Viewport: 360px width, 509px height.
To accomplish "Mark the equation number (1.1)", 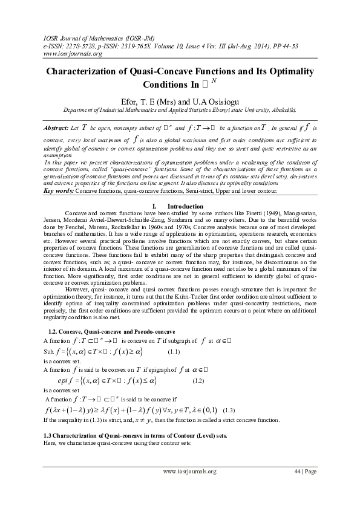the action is pyautogui.click(x=174, y=351).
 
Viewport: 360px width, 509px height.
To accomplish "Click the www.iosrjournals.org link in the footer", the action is pyautogui.click(x=190, y=472).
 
